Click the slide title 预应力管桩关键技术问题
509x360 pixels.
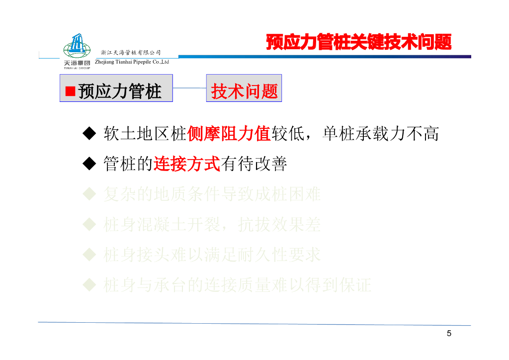tap(358, 42)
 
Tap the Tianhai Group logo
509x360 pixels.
tap(77, 51)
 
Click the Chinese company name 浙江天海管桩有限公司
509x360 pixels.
tap(131, 52)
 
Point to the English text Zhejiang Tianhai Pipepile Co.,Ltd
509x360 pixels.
tap(132, 62)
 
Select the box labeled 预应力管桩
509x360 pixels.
tap(116, 89)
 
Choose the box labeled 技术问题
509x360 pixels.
tap(244, 89)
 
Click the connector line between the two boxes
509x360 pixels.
tap(189, 89)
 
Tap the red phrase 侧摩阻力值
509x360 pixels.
tap(228, 133)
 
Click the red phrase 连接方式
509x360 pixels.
tap(186, 164)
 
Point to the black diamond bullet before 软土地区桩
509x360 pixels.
tap(88, 133)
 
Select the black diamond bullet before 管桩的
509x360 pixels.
tap(88, 164)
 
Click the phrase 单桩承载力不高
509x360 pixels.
tap(380, 133)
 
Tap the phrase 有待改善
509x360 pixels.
tap(254, 164)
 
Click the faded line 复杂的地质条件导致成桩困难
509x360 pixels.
tap(212, 194)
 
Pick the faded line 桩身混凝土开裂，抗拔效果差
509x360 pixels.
tap(212, 225)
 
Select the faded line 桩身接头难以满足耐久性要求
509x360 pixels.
tap(212, 255)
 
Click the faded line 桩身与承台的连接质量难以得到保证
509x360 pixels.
tap(237, 285)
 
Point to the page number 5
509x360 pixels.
tap(449, 333)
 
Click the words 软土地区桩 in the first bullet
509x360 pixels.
tap(145, 133)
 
